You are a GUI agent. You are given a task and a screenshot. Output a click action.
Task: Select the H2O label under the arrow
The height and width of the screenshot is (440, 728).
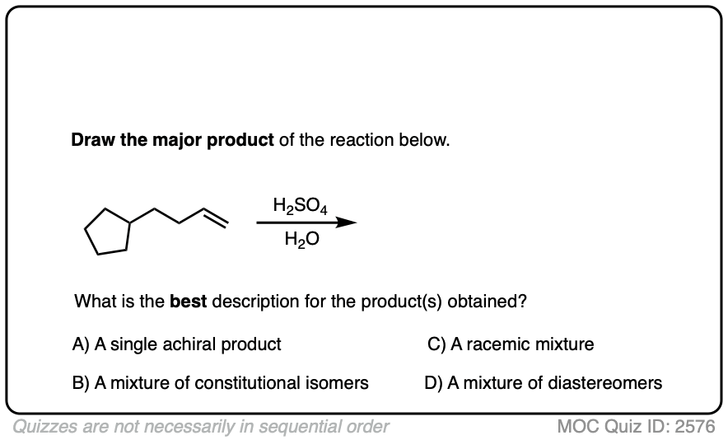pos(299,240)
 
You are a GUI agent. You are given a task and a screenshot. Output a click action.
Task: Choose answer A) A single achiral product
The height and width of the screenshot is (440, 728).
pos(177,344)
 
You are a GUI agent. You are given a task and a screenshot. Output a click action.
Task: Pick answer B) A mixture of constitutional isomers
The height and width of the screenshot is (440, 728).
pos(221,383)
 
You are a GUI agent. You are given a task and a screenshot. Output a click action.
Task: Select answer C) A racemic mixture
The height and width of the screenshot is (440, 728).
pos(511,344)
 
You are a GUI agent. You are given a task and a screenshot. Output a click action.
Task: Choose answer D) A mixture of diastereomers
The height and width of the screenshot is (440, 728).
pos(544,383)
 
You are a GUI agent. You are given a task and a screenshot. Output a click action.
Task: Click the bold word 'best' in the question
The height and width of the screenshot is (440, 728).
pos(189,302)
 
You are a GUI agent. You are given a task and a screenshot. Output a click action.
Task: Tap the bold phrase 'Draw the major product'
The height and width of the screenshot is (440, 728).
pos(172,140)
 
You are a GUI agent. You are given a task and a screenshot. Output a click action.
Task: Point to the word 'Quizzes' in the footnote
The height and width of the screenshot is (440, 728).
pos(42,427)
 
